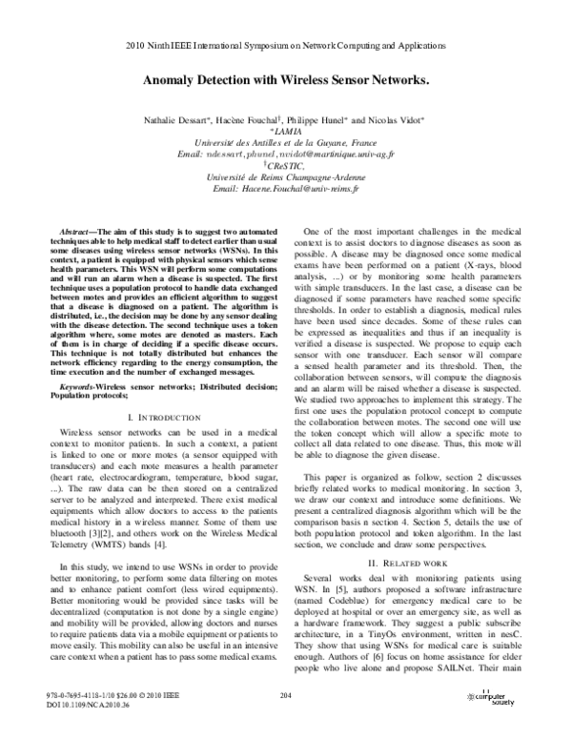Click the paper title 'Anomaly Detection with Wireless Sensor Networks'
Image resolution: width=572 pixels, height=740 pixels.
coord(286,84)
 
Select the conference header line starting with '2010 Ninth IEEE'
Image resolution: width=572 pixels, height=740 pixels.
coord(286,46)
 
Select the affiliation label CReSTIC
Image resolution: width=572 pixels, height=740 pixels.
coord(287,165)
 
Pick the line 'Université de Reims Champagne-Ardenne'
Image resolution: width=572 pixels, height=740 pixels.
coord(286,176)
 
